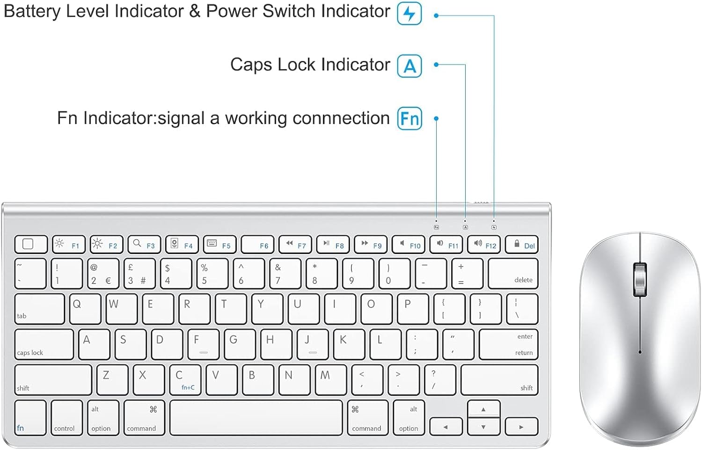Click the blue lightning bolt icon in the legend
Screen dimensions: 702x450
pos(409,13)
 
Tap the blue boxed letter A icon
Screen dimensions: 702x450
pos(409,66)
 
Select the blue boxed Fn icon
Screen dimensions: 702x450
pos(409,118)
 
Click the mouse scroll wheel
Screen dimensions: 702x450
pos(640,280)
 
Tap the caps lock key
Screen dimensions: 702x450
pos(44,344)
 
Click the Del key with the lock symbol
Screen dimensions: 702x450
pos(522,244)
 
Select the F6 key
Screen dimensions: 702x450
pos(257,244)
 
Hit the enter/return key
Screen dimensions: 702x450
pos(509,344)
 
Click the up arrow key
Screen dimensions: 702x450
pos(483,408)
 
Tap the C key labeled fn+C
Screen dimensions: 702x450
pos(185,380)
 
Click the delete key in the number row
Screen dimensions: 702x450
pos(513,273)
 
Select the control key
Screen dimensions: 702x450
pos(67,418)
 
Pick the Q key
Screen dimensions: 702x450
pos(85,309)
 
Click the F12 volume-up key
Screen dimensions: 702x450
pos(484,244)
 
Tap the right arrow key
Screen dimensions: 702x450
pos(521,427)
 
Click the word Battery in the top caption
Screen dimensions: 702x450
pos(32,12)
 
